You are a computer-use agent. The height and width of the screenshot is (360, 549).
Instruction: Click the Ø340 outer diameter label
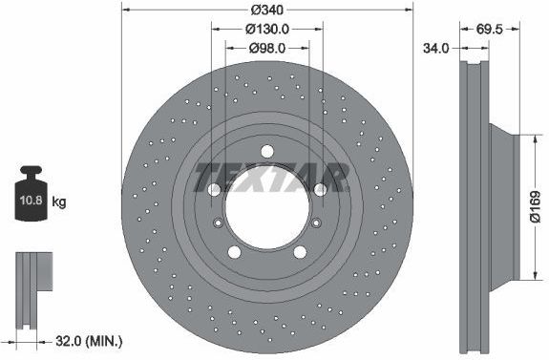(x=267, y=11)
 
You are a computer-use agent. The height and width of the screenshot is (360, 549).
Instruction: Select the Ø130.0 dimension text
(x=267, y=30)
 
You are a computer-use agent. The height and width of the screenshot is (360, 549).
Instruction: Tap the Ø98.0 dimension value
(x=267, y=48)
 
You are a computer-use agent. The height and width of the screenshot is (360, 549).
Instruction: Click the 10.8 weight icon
(x=32, y=199)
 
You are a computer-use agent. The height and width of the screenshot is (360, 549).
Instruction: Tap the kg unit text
(x=59, y=201)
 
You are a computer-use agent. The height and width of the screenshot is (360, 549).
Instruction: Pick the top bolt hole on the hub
(x=266, y=151)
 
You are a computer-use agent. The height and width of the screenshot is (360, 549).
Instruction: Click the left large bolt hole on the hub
(x=215, y=189)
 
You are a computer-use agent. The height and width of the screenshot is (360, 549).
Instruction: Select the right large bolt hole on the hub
(x=320, y=189)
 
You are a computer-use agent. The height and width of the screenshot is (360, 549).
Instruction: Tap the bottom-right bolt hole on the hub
(x=300, y=252)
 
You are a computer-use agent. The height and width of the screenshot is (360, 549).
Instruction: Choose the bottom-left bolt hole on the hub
(x=235, y=252)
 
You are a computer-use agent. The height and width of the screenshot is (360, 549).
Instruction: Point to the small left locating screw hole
(x=220, y=224)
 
